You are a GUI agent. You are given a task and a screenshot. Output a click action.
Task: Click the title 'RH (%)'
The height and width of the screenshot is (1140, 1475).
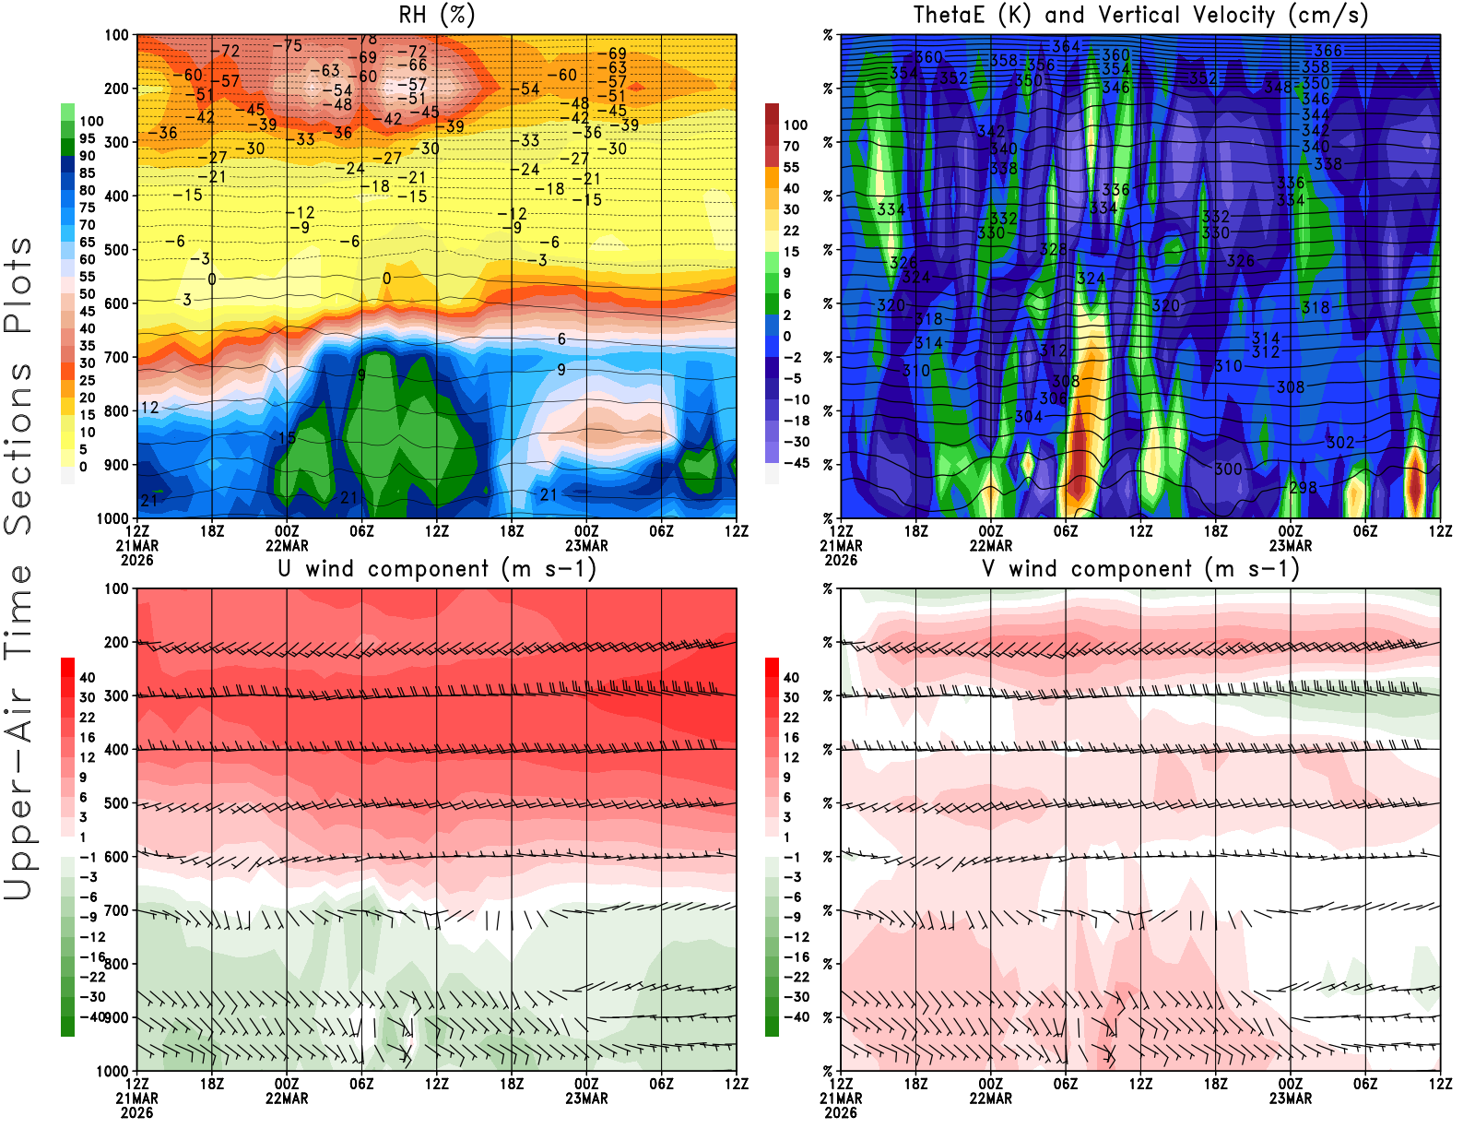point(437,15)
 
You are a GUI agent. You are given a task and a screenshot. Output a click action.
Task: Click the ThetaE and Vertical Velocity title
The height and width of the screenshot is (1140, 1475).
point(1140,15)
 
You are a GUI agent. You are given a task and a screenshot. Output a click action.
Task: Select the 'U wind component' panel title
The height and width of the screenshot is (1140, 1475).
point(437,568)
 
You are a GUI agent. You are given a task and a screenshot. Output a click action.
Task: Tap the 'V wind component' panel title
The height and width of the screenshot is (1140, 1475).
point(1140,568)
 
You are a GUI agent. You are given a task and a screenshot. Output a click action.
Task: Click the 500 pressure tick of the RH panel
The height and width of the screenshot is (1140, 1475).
point(116,249)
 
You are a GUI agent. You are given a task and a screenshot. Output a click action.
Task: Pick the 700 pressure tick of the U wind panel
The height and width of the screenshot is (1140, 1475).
point(116,910)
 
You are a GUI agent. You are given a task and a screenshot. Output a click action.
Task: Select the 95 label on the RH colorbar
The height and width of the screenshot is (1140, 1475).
point(87,138)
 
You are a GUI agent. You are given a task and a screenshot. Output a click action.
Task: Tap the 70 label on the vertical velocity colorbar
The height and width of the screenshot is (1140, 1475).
point(791,146)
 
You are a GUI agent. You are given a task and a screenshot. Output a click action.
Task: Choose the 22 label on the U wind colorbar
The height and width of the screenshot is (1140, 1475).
point(87,718)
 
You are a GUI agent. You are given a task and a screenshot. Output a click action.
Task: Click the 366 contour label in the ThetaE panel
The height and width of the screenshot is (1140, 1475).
point(1327,51)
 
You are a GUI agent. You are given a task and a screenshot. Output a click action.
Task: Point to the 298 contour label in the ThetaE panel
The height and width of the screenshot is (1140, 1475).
point(1303,487)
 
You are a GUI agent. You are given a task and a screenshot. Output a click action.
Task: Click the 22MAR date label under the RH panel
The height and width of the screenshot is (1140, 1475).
point(287,545)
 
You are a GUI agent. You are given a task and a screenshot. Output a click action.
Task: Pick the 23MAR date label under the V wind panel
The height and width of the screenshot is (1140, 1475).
point(1290,1098)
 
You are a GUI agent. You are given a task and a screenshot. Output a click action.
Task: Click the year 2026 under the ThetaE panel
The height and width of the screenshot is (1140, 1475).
point(841,560)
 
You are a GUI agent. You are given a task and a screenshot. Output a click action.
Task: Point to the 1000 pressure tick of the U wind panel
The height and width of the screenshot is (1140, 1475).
point(112,1071)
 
